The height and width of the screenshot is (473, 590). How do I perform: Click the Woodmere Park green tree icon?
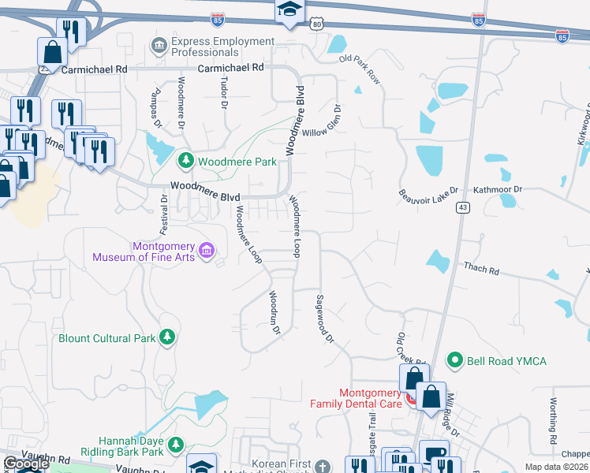click(185, 162)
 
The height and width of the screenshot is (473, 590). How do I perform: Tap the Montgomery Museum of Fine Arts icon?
click(207, 251)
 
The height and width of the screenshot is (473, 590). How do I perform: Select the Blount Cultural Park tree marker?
click(166, 338)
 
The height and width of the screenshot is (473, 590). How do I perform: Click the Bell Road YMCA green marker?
click(454, 361)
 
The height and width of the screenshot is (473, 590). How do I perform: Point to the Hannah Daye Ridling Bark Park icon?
click(176, 445)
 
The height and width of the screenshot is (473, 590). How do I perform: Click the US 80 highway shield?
click(316, 24)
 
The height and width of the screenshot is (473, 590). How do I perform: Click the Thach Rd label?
click(481, 269)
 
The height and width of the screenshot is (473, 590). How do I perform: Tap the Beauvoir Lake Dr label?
click(428, 195)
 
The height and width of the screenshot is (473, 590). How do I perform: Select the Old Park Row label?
click(360, 70)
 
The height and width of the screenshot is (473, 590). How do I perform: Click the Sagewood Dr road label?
click(325, 318)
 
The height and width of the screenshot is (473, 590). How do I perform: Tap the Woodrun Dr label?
click(274, 313)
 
